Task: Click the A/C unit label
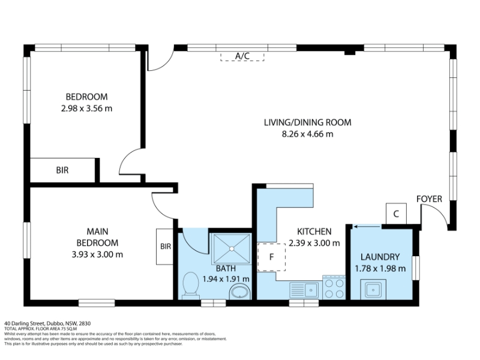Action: tap(242, 56)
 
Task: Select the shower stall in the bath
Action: tap(232, 248)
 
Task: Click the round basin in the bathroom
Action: tap(240, 292)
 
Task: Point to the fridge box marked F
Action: tap(271, 257)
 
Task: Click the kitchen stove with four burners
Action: tap(334, 287)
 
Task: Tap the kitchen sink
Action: tap(304, 290)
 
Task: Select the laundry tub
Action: tap(373, 289)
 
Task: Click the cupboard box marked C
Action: tap(396, 214)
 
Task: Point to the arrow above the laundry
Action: tap(367, 227)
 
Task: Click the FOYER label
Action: tap(429, 199)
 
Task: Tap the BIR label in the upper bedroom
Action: tap(62, 170)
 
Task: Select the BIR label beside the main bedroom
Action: tap(166, 246)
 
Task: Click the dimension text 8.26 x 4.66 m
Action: tap(307, 134)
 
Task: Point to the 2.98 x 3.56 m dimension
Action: tap(86, 109)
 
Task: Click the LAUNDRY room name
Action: tap(380, 257)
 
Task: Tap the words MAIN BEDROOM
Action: tap(97, 237)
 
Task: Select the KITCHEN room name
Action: tap(314, 232)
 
